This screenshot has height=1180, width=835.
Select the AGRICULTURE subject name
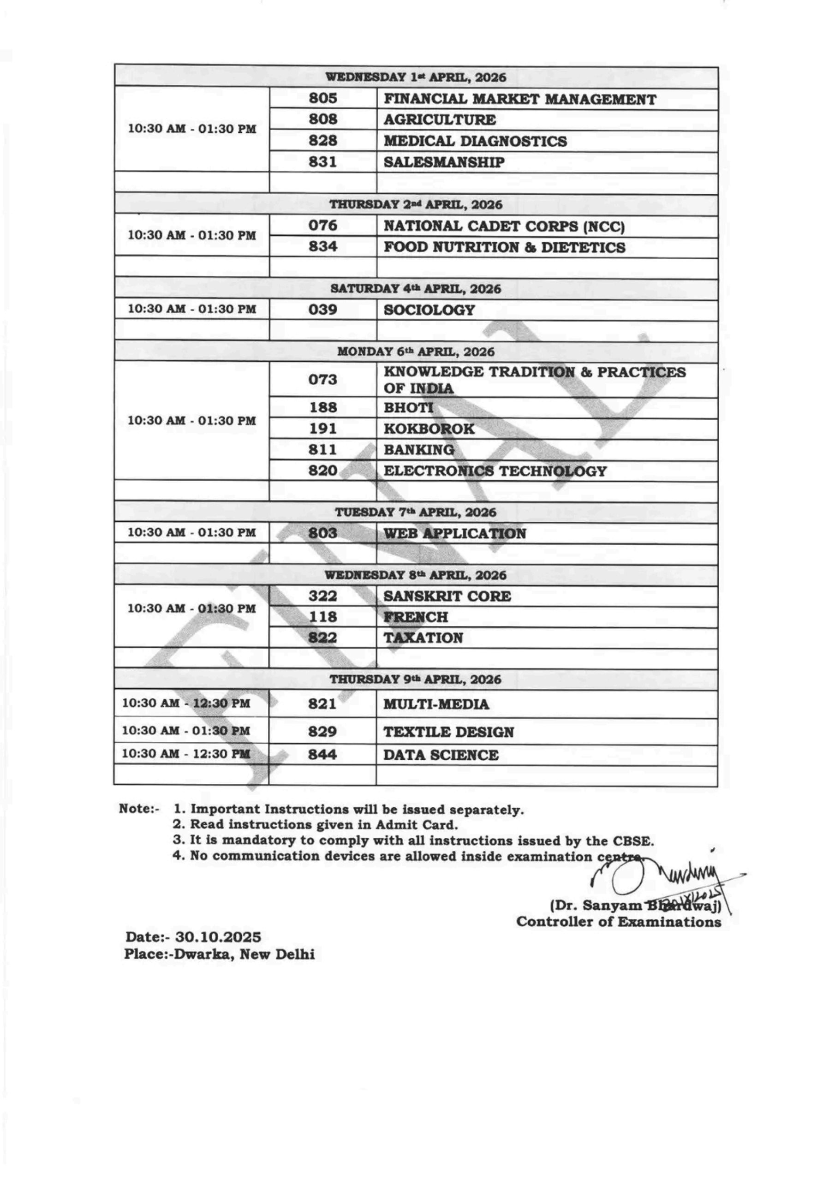pyautogui.click(x=440, y=120)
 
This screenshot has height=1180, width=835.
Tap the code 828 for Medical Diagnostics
pyautogui.click(x=322, y=140)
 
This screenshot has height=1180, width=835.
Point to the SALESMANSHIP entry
pyautogui.click(x=444, y=162)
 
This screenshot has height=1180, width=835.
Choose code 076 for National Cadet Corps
pyautogui.click(x=322, y=225)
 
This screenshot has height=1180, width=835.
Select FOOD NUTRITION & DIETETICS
pyautogui.click(x=504, y=247)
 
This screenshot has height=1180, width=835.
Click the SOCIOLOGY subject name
pyautogui.click(x=429, y=310)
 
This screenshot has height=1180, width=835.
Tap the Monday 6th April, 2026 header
pyautogui.click(x=416, y=352)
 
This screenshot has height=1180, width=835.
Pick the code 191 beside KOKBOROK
pyautogui.click(x=322, y=428)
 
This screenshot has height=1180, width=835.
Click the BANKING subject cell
pyautogui.click(x=418, y=450)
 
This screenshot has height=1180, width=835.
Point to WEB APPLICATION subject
pyautogui.click(x=454, y=533)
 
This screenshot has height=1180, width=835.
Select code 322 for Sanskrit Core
pyautogui.click(x=322, y=596)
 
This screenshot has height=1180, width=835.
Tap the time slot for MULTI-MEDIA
pyautogui.click(x=186, y=703)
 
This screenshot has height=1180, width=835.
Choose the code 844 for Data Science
pyautogui.click(x=322, y=754)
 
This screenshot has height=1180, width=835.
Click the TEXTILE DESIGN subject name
pyautogui.click(x=448, y=732)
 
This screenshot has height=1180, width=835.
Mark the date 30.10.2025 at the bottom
pyautogui.click(x=218, y=937)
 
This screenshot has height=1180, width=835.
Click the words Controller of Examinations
pyautogui.click(x=619, y=921)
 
